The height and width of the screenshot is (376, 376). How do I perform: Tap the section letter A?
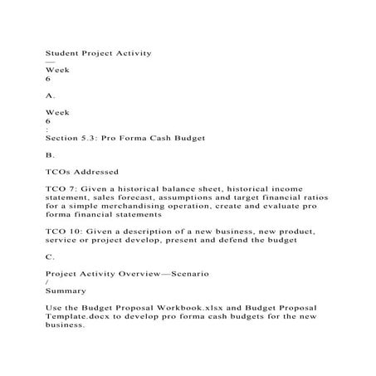49,96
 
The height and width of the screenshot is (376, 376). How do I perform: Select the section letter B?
49,155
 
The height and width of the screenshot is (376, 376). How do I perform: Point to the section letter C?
49,257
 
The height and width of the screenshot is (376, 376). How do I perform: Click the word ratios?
313,198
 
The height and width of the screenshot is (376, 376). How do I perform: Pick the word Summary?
66,291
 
